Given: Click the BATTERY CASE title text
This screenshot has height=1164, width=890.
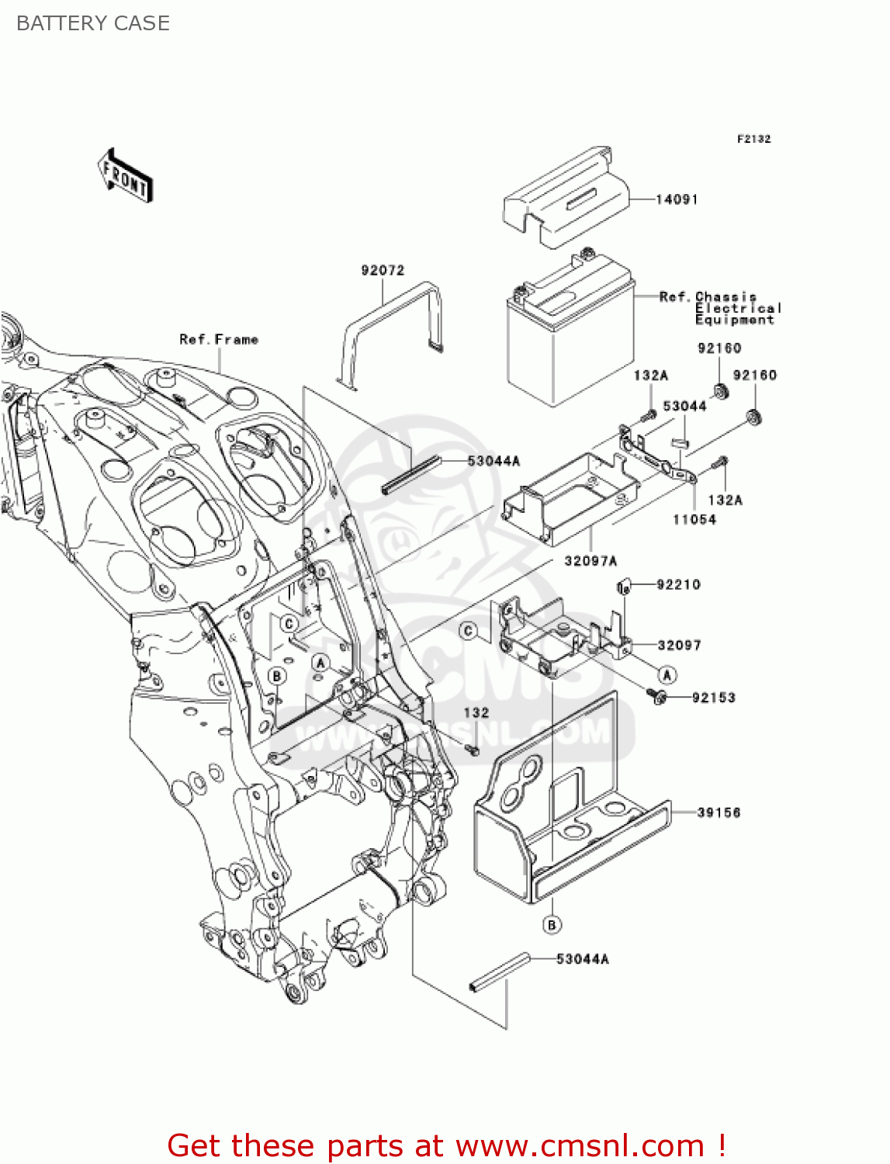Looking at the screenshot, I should tap(92, 23).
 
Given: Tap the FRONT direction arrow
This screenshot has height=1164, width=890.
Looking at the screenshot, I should tap(125, 176).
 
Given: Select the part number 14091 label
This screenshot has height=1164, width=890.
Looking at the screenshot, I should tap(677, 199).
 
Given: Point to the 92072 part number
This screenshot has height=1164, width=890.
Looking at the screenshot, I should tap(383, 270).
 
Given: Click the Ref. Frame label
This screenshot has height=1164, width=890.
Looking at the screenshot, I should tap(218, 339).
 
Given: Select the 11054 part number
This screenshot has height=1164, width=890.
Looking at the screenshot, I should tap(694, 519).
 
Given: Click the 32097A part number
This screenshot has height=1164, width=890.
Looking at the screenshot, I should tap(590, 560).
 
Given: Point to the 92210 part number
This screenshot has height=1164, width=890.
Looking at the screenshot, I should tap(678, 584).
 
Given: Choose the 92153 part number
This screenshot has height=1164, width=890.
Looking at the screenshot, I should tap(713, 698).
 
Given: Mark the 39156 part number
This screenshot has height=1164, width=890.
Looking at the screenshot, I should tap(719, 812).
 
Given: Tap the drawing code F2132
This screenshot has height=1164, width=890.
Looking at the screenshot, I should tap(753, 139).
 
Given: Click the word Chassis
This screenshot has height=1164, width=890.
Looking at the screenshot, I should tap(726, 297).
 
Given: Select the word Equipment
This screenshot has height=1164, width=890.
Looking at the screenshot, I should tap(734, 320).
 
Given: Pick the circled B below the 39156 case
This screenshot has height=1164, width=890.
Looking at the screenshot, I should tap(552, 924).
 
